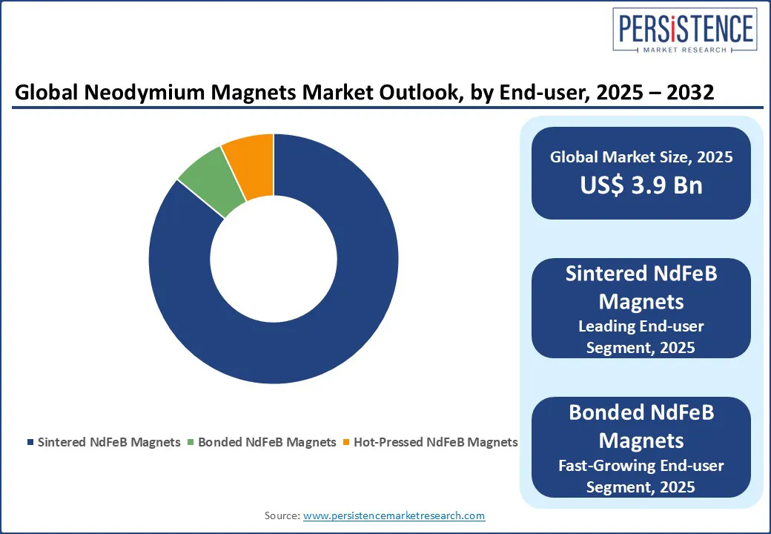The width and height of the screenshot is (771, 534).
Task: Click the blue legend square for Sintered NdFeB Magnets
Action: pos(30,442)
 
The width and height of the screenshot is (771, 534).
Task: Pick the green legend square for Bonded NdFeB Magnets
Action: pos(191,442)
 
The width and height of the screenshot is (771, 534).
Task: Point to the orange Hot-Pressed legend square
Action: pos(346,442)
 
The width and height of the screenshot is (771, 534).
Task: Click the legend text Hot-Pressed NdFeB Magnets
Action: pos(436,442)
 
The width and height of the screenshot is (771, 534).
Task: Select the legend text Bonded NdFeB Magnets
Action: pos(267,442)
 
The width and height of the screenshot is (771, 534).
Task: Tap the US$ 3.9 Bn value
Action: pos(641,185)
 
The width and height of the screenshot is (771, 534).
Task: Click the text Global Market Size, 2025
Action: pos(641,156)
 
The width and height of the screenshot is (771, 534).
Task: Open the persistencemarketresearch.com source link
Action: pos(394,515)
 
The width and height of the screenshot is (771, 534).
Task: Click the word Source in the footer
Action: pos(282,515)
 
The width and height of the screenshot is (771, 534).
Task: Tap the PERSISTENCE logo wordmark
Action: pos(685,28)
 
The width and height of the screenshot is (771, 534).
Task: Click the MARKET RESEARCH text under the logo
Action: pos(684,50)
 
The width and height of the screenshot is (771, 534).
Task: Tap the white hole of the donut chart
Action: pos(274,259)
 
